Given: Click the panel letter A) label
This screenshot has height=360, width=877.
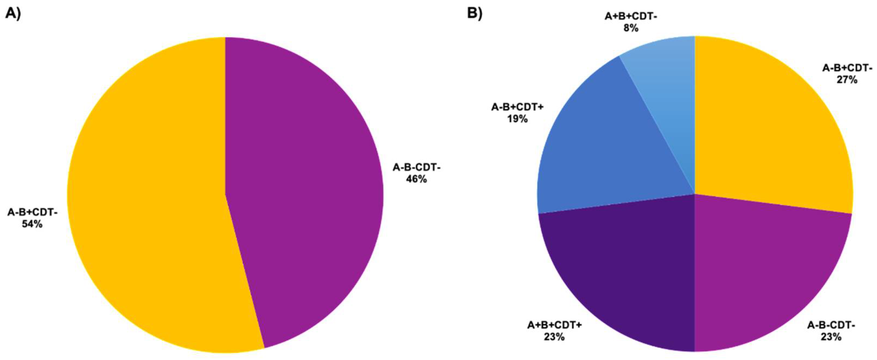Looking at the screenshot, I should [13, 14].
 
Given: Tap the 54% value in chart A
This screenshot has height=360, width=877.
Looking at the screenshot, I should [32, 224].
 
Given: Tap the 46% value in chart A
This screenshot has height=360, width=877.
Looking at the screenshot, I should [416, 179].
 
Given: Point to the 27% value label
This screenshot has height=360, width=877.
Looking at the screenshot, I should [847, 80].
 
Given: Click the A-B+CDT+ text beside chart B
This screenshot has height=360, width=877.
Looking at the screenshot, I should [517, 107].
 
